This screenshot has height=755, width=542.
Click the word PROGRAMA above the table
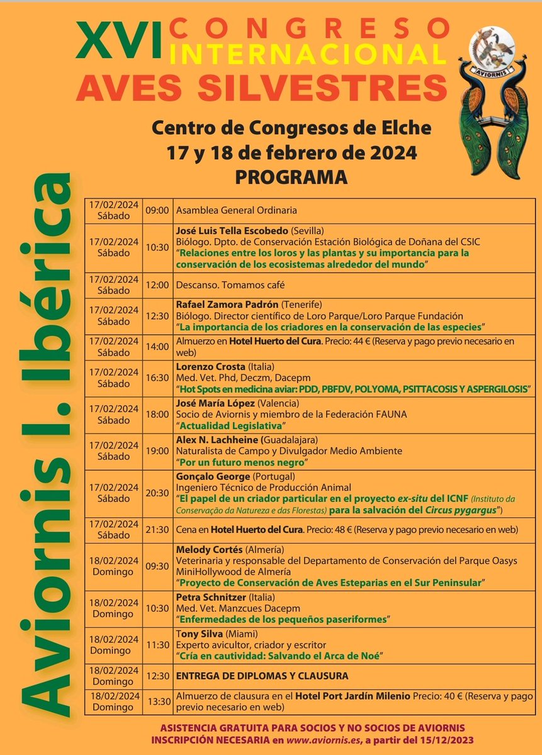[x=291, y=177]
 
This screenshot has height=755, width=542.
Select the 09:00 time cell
[x=157, y=210]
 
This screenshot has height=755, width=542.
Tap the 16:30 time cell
[x=157, y=377]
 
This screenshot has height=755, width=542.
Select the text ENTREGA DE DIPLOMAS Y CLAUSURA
[x=262, y=675]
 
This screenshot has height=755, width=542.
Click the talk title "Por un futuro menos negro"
[x=242, y=462]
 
